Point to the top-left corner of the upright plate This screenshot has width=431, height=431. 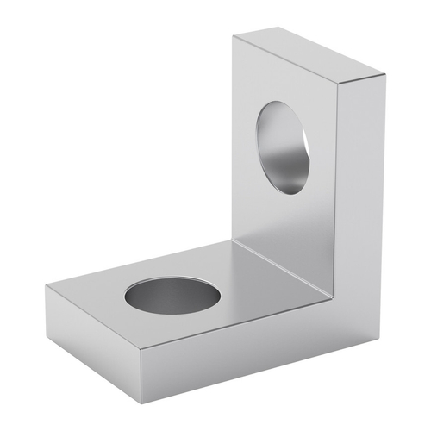[234, 35]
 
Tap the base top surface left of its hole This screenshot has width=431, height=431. [95, 297]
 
